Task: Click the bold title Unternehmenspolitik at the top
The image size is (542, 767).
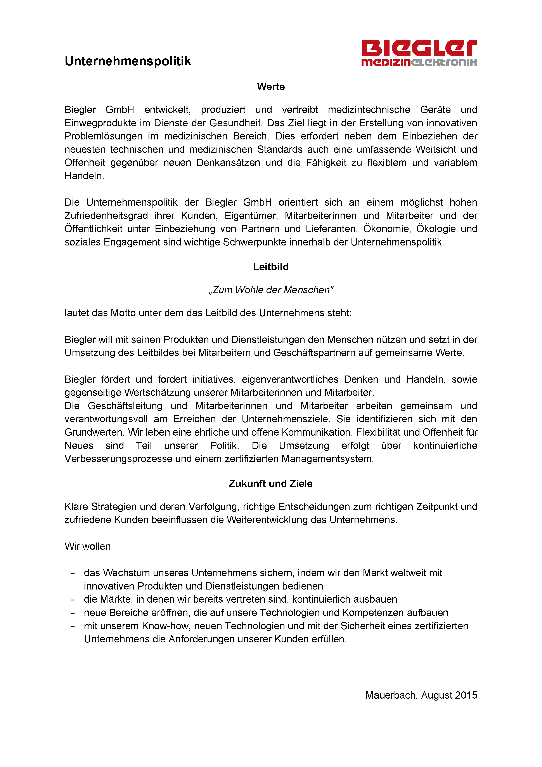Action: (x=128, y=61)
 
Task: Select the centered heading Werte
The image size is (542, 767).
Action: (x=271, y=87)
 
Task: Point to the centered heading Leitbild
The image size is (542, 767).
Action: (x=271, y=267)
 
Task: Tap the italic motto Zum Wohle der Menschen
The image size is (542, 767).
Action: (x=271, y=290)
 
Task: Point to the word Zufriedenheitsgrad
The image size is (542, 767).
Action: (x=106, y=216)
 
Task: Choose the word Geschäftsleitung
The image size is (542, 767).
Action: (x=125, y=406)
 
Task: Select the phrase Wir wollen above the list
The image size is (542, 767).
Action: (x=88, y=546)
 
